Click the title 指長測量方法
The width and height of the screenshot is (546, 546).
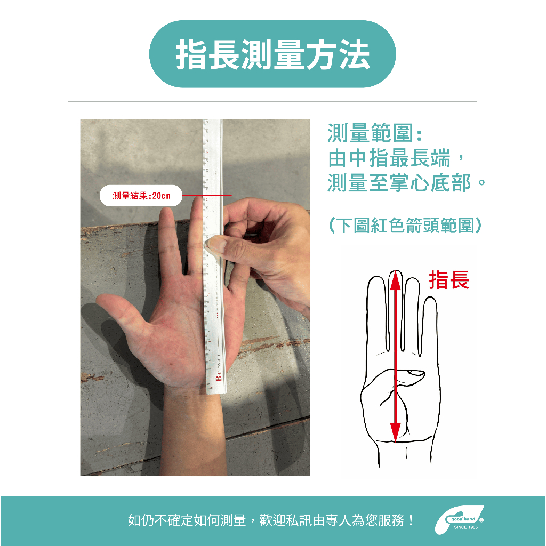(272, 54)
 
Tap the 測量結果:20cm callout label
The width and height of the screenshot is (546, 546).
(141, 196)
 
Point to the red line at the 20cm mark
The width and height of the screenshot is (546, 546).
(207, 195)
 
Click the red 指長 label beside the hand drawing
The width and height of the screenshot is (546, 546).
(449, 280)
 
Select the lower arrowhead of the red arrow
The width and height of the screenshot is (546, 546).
(395, 432)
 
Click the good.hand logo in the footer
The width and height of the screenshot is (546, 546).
(459, 520)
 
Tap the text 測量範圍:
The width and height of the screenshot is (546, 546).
(375, 133)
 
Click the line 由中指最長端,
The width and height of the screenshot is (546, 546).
(396, 158)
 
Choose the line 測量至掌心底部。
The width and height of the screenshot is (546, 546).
(406, 183)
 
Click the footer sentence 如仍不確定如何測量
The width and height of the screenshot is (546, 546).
(187, 520)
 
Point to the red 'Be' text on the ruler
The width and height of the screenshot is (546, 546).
(218, 376)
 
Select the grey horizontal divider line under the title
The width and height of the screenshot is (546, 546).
(272, 102)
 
